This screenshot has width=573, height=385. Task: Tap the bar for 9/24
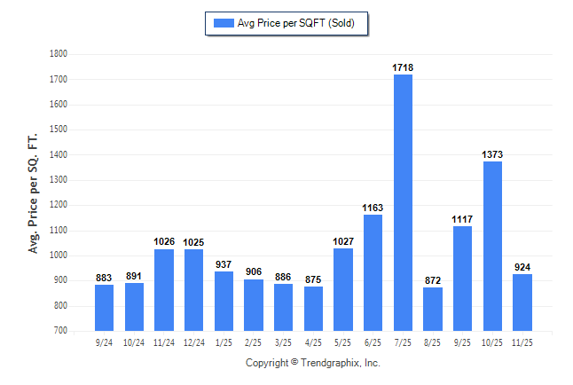pyautogui.click(x=104, y=307)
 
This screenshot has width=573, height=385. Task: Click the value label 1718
pyautogui.click(x=403, y=67)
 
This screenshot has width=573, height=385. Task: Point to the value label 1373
pyautogui.click(x=492, y=154)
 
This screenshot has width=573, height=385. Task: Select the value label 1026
pyautogui.click(x=164, y=241)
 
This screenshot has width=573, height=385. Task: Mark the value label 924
pyautogui.click(x=522, y=267)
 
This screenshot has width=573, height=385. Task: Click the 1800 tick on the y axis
pyautogui.click(x=59, y=54)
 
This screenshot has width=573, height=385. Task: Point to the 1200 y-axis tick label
pyautogui.click(x=59, y=205)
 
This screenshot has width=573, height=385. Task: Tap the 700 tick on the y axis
pyautogui.click(x=61, y=331)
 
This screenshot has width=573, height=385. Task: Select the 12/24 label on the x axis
pyautogui.click(x=193, y=342)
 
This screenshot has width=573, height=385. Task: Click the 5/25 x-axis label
pyautogui.click(x=343, y=342)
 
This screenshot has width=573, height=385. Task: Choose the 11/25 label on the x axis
pyautogui.click(x=522, y=342)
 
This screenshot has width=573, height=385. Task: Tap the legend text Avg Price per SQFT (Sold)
pyautogui.click(x=295, y=23)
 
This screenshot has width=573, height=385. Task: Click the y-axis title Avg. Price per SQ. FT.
pyautogui.click(x=34, y=192)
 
